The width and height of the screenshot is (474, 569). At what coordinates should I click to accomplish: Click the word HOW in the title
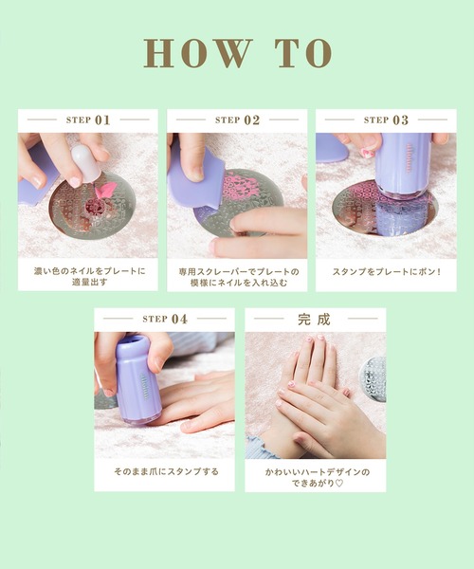[198, 53]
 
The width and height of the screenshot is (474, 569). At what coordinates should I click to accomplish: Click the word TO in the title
[304, 53]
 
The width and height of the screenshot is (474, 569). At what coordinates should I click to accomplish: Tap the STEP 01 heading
[88, 119]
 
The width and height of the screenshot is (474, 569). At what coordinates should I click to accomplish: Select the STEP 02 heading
[237, 119]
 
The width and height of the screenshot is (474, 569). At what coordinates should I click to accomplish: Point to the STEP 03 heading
[386, 119]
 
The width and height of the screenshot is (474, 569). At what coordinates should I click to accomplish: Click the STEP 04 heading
[165, 319]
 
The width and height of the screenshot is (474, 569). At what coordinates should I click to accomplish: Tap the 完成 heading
[314, 320]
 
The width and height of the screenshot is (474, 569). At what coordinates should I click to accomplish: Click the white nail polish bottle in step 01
[85, 162]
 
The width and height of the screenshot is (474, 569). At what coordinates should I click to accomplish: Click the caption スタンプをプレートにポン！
[387, 271]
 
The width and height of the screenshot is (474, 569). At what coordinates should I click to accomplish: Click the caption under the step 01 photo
[89, 276]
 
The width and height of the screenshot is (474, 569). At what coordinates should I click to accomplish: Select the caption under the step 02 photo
[239, 277]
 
